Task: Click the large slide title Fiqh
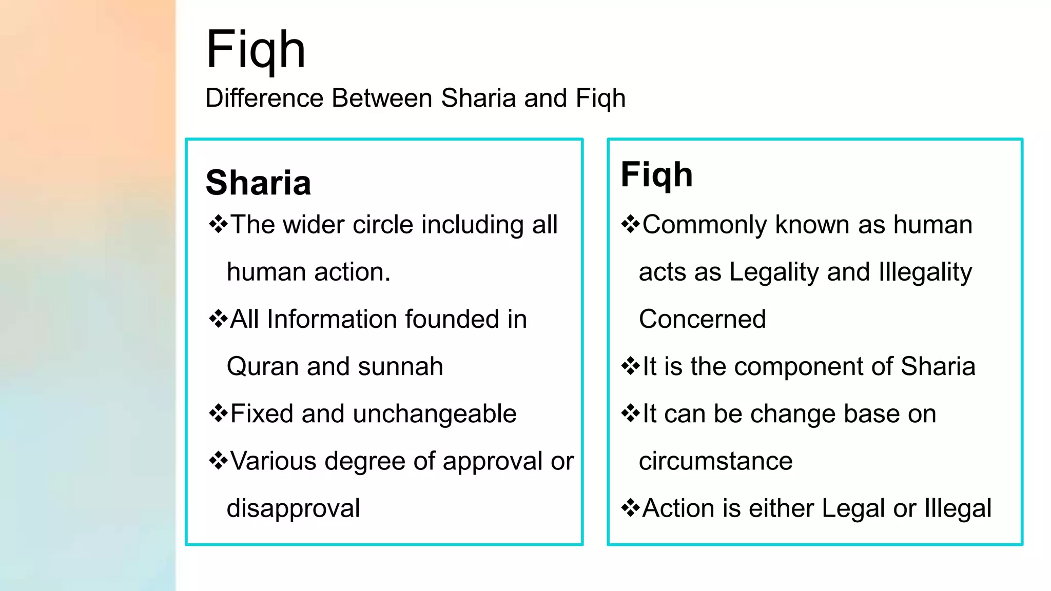pyautogui.click(x=256, y=50)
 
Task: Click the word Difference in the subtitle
pyautogui.click(x=264, y=98)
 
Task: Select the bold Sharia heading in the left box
pyautogui.click(x=258, y=183)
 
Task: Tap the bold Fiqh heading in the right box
pyautogui.click(x=656, y=174)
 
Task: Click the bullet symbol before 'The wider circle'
pyautogui.click(x=218, y=225)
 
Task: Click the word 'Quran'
pyautogui.click(x=263, y=366)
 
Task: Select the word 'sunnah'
pyautogui.click(x=400, y=366)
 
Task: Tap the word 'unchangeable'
pyautogui.click(x=434, y=413)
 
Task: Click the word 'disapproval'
pyautogui.click(x=293, y=508)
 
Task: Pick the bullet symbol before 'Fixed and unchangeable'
pyautogui.click(x=218, y=413)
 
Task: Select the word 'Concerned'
pyautogui.click(x=702, y=319)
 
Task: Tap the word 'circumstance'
pyautogui.click(x=715, y=461)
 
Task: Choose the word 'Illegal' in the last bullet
pyautogui.click(x=958, y=508)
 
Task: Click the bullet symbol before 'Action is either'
pyautogui.click(x=630, y=508)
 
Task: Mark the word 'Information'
pyautogui.click(x=332, y=319)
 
